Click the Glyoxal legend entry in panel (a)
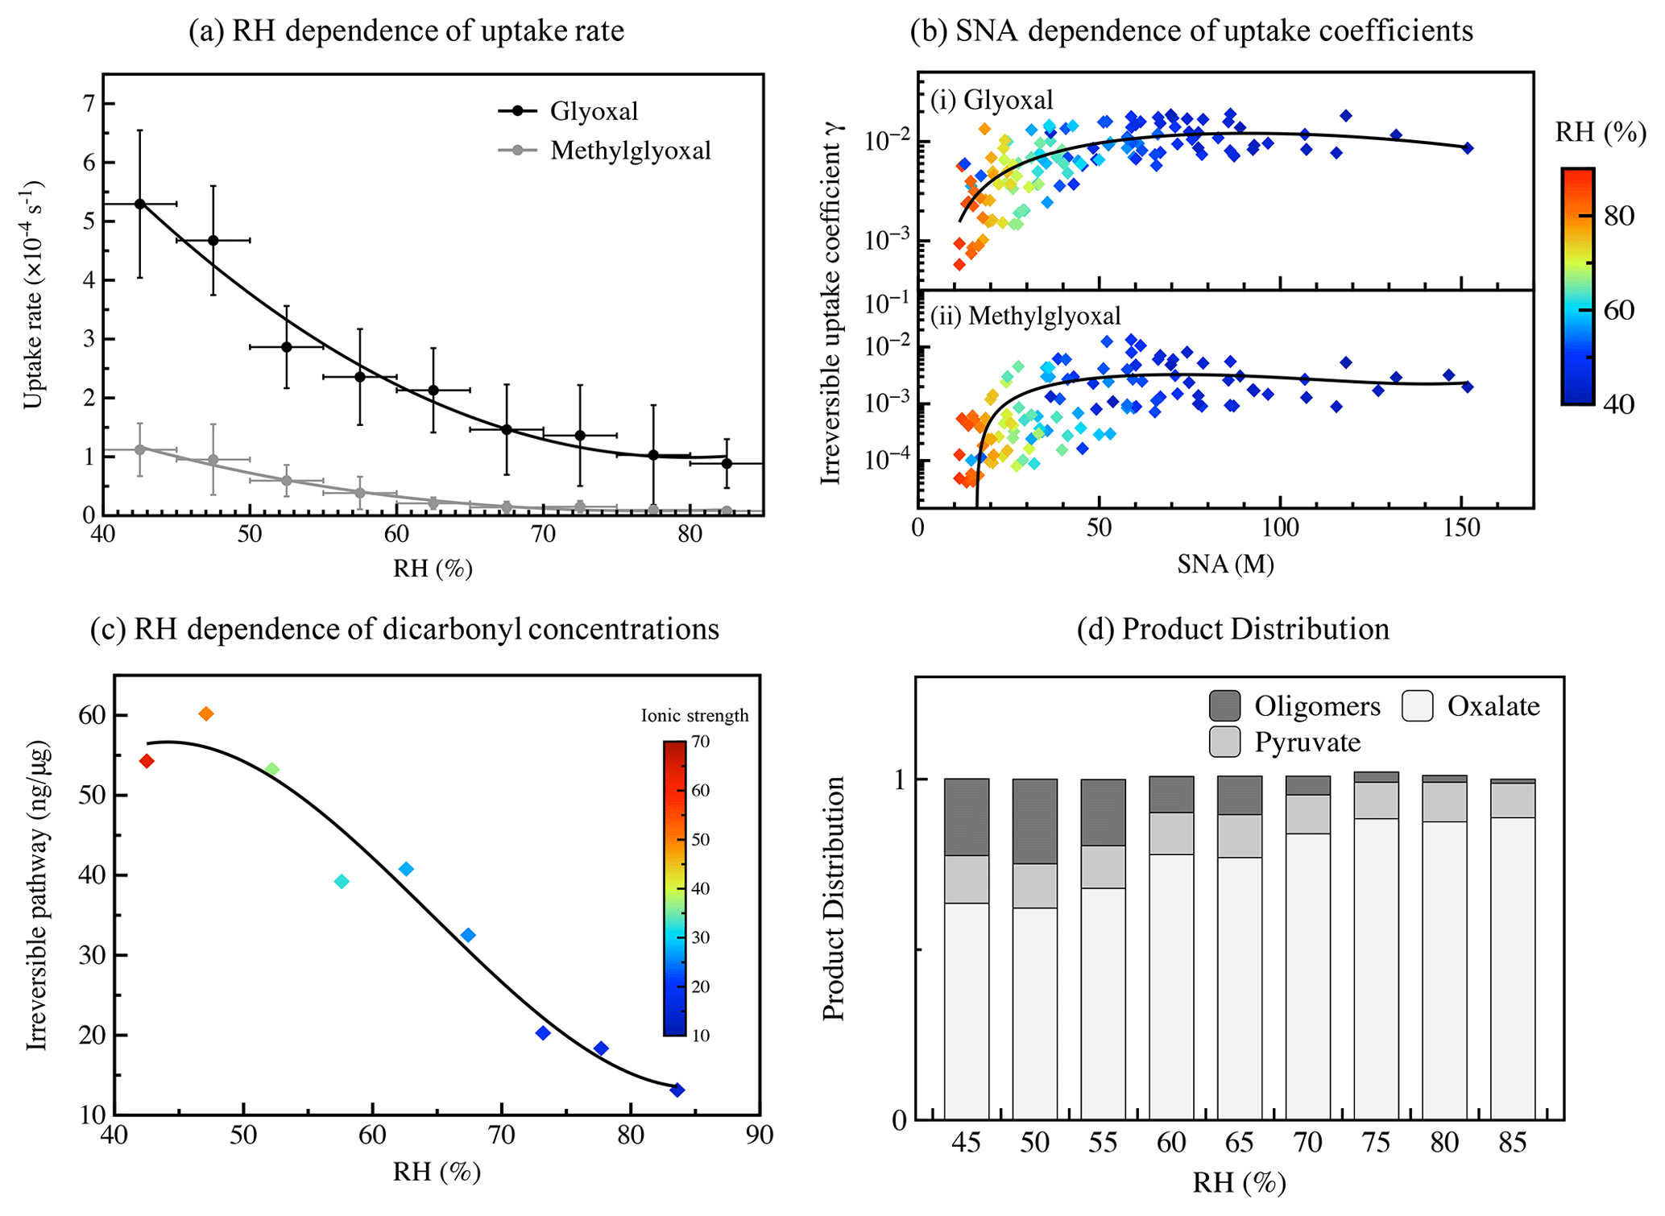(x=593, y=110)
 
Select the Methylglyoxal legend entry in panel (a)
(x=630, y=151)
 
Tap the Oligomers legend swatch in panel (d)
(x=1224, y=705)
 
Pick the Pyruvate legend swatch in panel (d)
(x=1224, y=742)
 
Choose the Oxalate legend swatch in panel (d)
(x=1417, y=705)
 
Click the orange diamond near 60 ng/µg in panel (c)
(x=206, y=713)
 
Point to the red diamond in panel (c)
(x=147, y=761)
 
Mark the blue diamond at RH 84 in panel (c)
(x=677, y=1090)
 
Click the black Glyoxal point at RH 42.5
(x=140, y=204)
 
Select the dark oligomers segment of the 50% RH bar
(x=1035, y=821)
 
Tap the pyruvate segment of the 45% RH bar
(x=967, y=879)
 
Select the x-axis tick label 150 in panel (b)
(x=1461, y=528)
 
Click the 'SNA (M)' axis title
(x=1224, y=565)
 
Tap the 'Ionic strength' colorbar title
(x=694, y=715)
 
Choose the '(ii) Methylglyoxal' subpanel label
(x=1025, y=316)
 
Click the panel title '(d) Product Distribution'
(x=1232, y=629)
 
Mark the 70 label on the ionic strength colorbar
(x=700, y=742)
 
